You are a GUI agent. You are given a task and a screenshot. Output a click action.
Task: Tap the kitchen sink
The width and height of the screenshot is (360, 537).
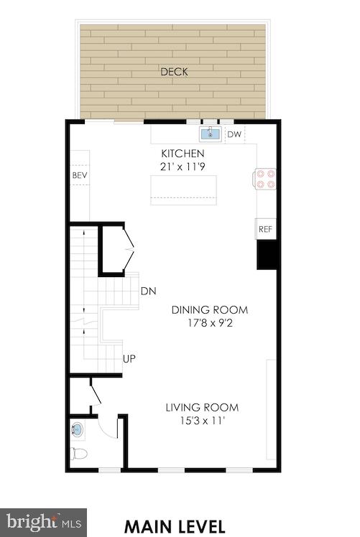(x=211, y=134)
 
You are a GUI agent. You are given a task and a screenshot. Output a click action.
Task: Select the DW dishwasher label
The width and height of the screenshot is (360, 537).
(x=234, y=134)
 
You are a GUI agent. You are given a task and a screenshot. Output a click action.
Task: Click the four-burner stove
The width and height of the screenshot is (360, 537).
(x=266, y=178)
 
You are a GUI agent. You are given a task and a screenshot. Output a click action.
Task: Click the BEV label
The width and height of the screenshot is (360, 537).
(x=79, y=175)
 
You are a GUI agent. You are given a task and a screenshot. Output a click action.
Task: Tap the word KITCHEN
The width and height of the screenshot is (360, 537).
(x=183, y=154)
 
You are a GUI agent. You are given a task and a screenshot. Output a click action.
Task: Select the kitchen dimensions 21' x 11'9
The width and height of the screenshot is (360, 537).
(x=183, y=167)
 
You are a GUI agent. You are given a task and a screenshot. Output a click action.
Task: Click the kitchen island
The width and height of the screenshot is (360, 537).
(x=183, y=190)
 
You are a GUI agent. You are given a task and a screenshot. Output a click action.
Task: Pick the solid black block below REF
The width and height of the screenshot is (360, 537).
(x=267, y=255)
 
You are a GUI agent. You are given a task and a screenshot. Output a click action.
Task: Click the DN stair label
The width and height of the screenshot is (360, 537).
(x=149, y=291)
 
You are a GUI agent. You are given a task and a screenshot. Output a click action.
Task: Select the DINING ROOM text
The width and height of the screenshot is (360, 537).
(x=209, y=310)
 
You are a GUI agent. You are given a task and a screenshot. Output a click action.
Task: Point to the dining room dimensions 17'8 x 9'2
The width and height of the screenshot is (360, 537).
(x=209, y=323)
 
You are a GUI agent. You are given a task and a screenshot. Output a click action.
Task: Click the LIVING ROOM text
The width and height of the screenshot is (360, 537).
(x=202, y=408)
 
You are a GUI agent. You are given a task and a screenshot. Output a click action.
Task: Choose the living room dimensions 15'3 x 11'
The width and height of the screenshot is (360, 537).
(x=202, y=421)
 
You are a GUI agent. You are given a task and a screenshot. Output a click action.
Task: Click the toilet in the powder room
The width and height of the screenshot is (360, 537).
(x=79, y=454)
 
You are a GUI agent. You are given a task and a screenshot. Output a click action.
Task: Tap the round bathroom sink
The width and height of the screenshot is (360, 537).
(x=78, y=431)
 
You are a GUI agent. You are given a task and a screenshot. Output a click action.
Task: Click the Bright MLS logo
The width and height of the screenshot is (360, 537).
(x=43, y=522)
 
